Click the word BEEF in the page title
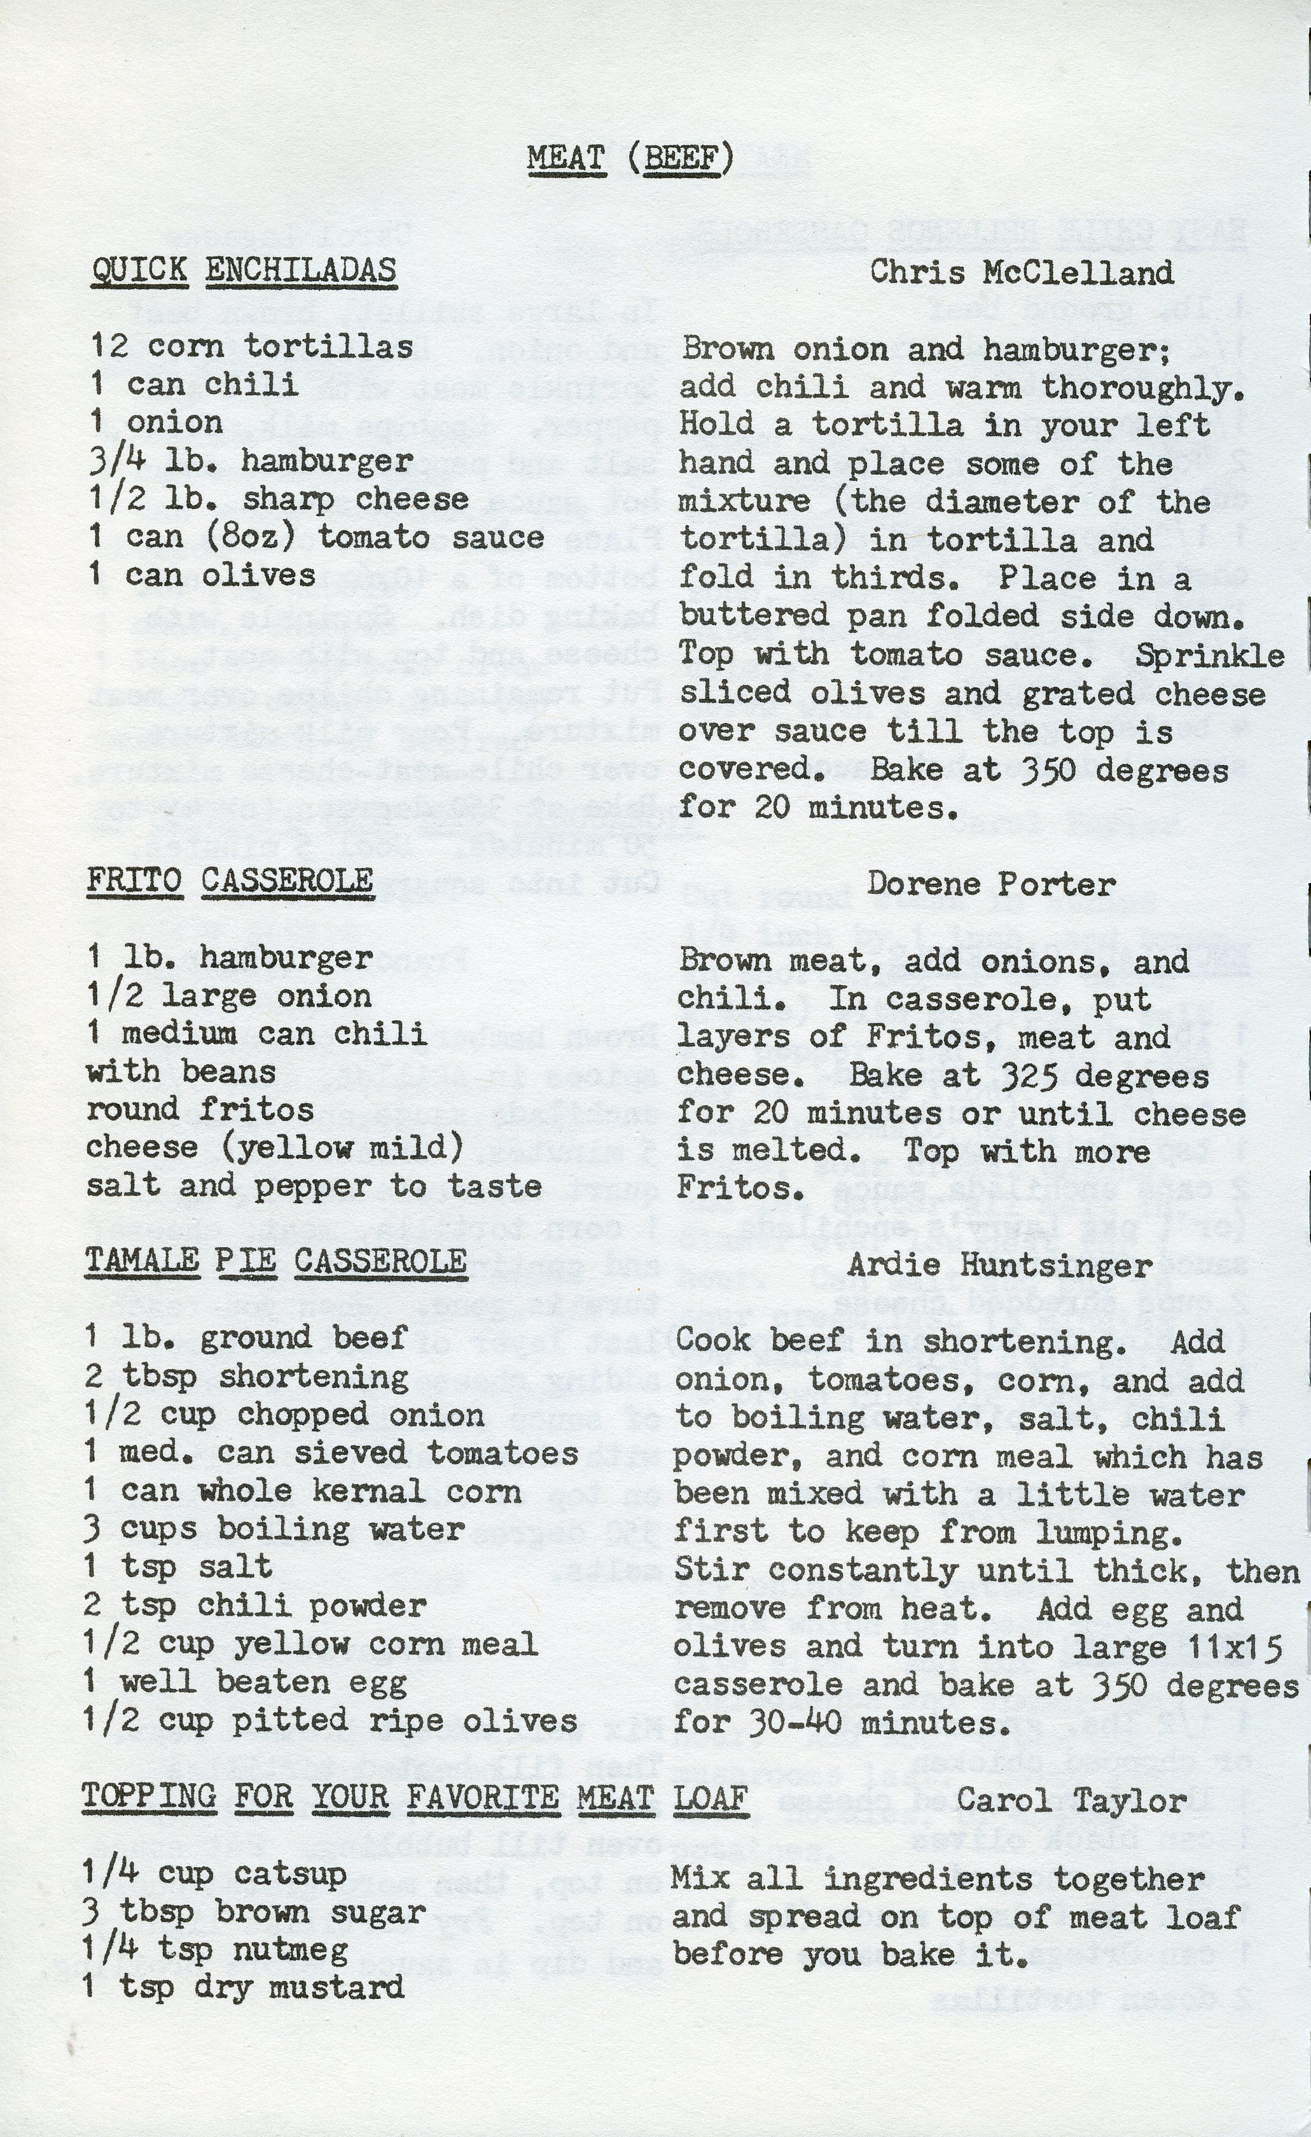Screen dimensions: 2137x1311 tap(683, 158)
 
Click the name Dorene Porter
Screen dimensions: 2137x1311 tap(990, 884)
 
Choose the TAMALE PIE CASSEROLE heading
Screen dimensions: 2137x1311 tap(275, 1261)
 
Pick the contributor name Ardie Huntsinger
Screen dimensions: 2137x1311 tap(999, 1266)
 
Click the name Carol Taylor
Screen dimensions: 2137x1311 tap(1071, 1802)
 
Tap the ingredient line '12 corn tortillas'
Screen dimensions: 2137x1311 tap(251, 347)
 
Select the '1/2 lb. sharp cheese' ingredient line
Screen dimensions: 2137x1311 tap(279, 500)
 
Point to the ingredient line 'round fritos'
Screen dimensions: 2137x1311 tap(200, 1109)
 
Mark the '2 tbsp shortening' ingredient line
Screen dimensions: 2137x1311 tap(246, 1377)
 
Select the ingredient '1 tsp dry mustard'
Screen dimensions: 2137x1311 tap(243, 1989)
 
